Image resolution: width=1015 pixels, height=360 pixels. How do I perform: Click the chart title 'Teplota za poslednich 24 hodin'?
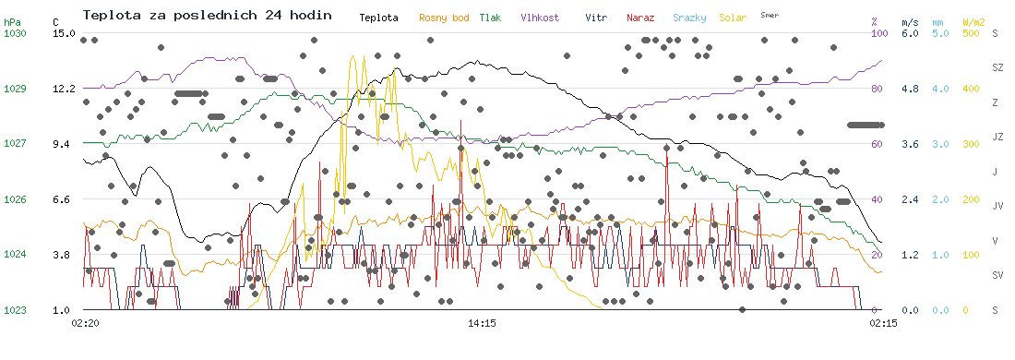click(x=207, y=15)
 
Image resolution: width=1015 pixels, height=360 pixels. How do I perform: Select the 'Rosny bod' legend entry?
click(x=444, y=18)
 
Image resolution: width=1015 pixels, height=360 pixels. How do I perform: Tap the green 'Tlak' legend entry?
click(x=490, y=18)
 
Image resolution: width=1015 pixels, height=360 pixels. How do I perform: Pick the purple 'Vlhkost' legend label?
click(x=540, y=18)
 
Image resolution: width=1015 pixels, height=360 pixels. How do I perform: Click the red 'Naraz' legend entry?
click(x=640, y=18)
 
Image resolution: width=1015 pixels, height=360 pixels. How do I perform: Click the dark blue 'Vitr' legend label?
click(x=596, y=18)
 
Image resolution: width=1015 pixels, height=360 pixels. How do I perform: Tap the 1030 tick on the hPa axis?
click(x=14, y=33)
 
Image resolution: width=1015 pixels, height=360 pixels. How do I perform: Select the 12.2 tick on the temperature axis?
click(x=66, y=88)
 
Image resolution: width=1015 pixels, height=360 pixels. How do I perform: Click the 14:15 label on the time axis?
click(x=483, y=321)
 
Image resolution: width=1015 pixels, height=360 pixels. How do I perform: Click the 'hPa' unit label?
click(x=12, y=22)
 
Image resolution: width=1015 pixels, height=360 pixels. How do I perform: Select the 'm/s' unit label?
click(x=910, y=22)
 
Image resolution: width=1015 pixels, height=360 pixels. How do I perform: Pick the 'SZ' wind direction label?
click(x=997, y=67)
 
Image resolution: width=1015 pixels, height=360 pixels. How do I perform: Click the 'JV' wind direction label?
click(x=997, y=206)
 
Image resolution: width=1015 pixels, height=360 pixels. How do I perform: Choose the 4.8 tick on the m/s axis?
click(x=910, y=88)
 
